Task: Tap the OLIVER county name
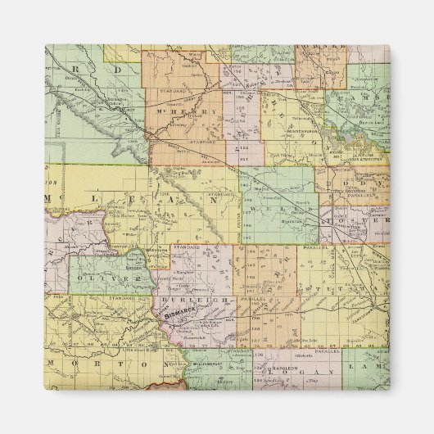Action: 115,279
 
